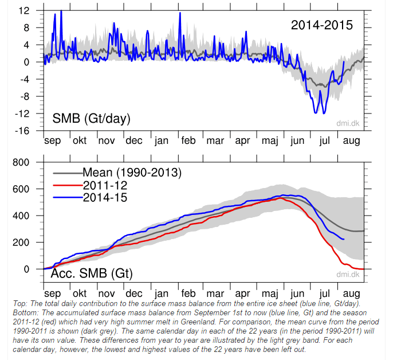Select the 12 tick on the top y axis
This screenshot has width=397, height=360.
click(24, 10)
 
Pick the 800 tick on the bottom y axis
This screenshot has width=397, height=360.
click(21, 162)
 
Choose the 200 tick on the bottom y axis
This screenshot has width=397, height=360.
click(21, 242)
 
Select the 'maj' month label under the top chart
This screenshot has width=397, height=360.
click(269, 141)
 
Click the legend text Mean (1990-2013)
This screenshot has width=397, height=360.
click(132, 171)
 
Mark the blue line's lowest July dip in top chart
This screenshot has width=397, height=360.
click(315, 113)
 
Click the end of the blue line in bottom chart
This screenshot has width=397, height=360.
click(344, 239)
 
